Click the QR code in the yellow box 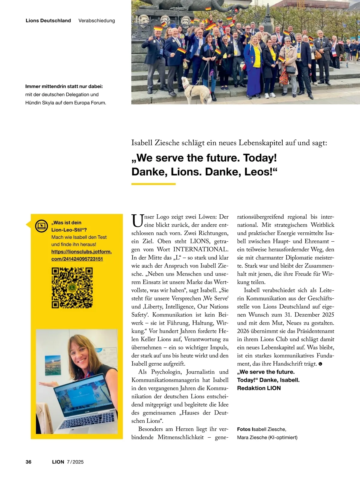[x=72, y=288]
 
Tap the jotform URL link [x=81, y=255]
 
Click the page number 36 [x=28, y=462]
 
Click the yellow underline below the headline [x=153, y=184]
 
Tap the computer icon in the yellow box [x=41, y=226]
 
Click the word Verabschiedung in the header [x=97, y=21]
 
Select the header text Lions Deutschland [x=48, y=21]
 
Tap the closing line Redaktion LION [x=259, y=388]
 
